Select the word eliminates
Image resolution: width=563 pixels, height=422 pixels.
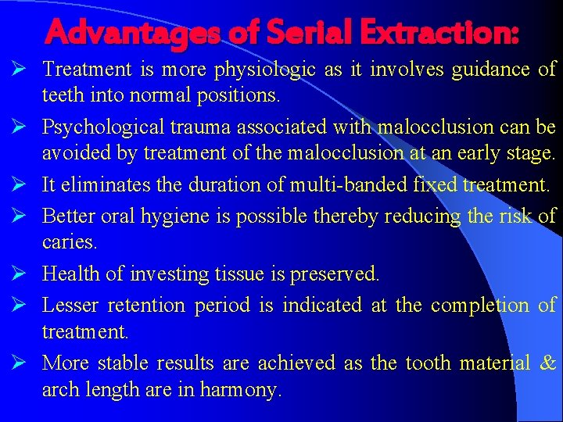[x=98, y=186]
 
